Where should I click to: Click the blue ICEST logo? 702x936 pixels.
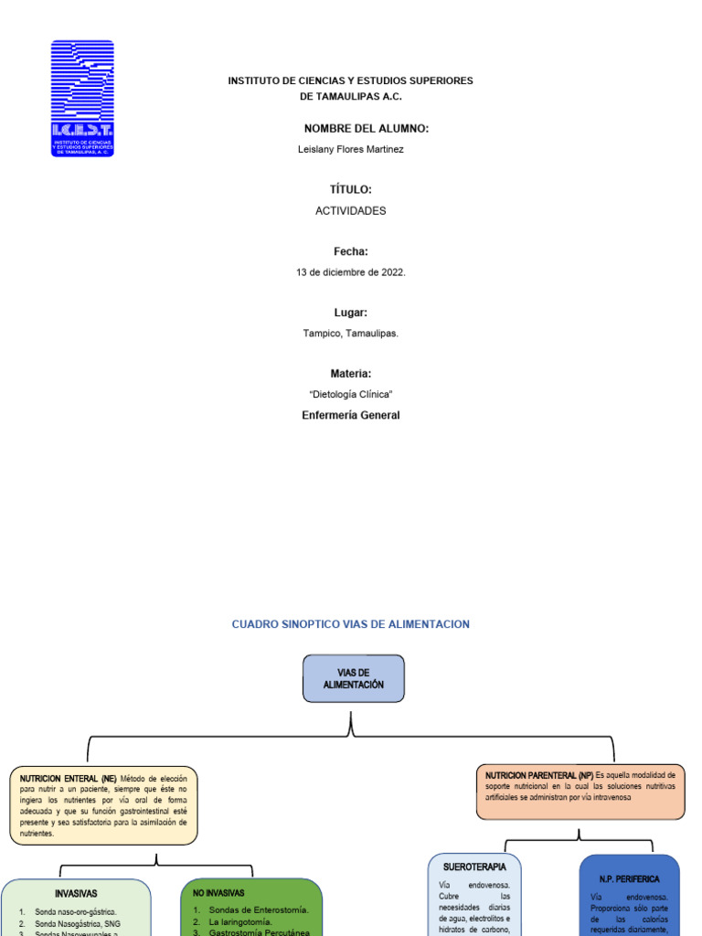82,98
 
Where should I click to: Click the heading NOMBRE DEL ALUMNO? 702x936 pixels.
366,129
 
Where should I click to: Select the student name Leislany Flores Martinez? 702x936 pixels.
351,149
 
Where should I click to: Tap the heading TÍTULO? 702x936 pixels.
351,189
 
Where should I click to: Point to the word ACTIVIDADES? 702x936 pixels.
351,210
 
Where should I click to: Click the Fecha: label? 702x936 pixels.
351,251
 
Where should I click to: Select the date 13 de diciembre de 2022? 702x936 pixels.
351,272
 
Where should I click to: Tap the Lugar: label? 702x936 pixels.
351,313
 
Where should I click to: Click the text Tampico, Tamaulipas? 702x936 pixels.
351,334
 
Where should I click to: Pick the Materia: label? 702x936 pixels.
351,374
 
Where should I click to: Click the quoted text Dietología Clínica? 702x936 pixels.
351,394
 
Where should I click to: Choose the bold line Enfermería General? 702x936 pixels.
351,415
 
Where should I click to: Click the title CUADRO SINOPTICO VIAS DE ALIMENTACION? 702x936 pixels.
351,624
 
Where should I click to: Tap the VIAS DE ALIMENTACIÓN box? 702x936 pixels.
353,678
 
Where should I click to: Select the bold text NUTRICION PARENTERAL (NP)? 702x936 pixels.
538,774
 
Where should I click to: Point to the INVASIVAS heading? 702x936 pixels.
76,893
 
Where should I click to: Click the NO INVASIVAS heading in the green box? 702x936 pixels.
218,892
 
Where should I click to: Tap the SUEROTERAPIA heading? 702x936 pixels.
474,867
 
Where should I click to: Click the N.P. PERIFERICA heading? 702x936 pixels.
629,878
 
